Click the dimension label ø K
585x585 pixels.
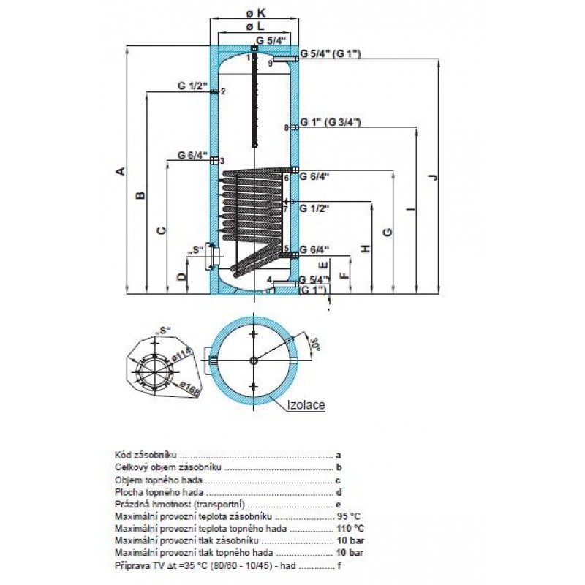tap(254, 12)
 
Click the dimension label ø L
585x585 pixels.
tap(254, 27)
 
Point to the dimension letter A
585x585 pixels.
tap(121, 171)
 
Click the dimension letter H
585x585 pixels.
tap(367, 249)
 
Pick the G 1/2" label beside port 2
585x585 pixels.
tap(192, 86)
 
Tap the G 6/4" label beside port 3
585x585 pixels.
tap(192, 155)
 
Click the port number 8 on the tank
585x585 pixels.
tap(287, 128)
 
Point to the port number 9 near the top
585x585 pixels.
tap(270, 64)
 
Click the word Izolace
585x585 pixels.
tap(306, 404)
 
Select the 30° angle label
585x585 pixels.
tap(317, 344)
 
